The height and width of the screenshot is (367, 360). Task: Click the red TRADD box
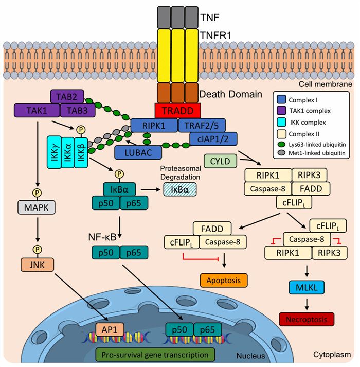177,111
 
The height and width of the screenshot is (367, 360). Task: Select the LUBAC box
138,152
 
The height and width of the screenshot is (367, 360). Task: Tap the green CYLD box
220,161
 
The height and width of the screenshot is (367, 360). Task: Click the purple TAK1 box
37,111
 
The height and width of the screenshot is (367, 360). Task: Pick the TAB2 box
67,96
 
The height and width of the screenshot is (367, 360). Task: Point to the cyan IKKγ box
55,152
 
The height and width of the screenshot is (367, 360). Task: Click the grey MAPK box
37,207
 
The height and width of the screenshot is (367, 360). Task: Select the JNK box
37,265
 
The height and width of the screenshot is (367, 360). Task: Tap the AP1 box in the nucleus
110,329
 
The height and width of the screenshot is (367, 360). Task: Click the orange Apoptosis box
224,280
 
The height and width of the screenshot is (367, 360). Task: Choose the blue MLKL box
307,287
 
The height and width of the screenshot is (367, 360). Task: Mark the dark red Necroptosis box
307,319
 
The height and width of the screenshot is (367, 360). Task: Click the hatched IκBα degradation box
180,189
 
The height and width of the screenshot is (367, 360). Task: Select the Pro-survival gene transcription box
155,355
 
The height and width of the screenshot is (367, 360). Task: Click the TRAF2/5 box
202,126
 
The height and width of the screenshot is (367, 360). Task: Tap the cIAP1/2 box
213,139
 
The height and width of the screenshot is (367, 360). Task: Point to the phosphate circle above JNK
38,250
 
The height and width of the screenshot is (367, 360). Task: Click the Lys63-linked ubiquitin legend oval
282,145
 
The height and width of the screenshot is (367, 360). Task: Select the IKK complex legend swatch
281,122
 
